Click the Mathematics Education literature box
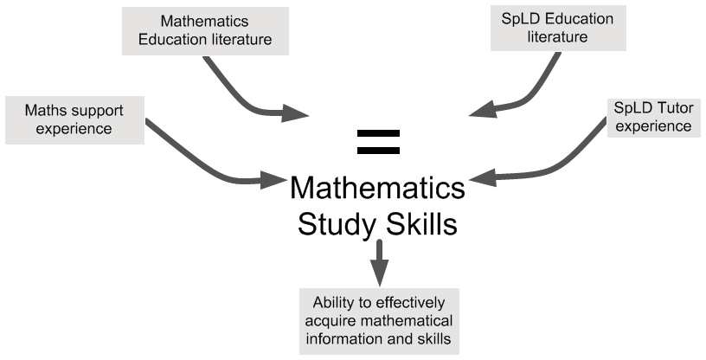pos(205,29)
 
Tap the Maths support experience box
pos(73,120)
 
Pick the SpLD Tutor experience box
pos(652,118)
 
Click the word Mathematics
pos(205,20)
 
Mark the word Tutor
pos(672,109)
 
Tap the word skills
pos(433,338)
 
